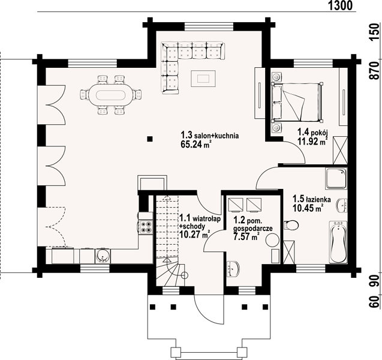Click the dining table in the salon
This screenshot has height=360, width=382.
pyautogui.click(x=110, y=95)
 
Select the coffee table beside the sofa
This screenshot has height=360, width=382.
pyautogui.click(x=203, y=78)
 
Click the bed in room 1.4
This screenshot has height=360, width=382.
pyautogui.click(x=297, y=102)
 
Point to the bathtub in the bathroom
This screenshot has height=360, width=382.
pyautogui.click(x=338, y=242)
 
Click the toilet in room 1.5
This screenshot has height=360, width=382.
pyautogui.click(x=291, y=225)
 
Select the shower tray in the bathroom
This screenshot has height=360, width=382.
pyautogui.click(x=336, y=179)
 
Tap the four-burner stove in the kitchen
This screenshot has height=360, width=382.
pyautogui.click(x=146, y=227)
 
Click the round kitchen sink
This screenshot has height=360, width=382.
pyautogui.click(x=104, y=256)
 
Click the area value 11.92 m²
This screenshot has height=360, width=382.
pyautogui.click(x=312, y=141)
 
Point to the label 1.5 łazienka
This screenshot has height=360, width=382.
pyautogui.click(x=312, y=199)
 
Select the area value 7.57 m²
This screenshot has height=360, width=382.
pyautogui.click(x=246, y=236)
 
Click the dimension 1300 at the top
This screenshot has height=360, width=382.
pyautogui.click(x=341, y=5)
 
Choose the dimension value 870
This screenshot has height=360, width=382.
pyautogui.click(x=375, y=70)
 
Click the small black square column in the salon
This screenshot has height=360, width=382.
pyautogui.click(x=150, y=139)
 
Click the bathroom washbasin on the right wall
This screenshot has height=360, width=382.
pyautogui.click(x=342, y=205)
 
